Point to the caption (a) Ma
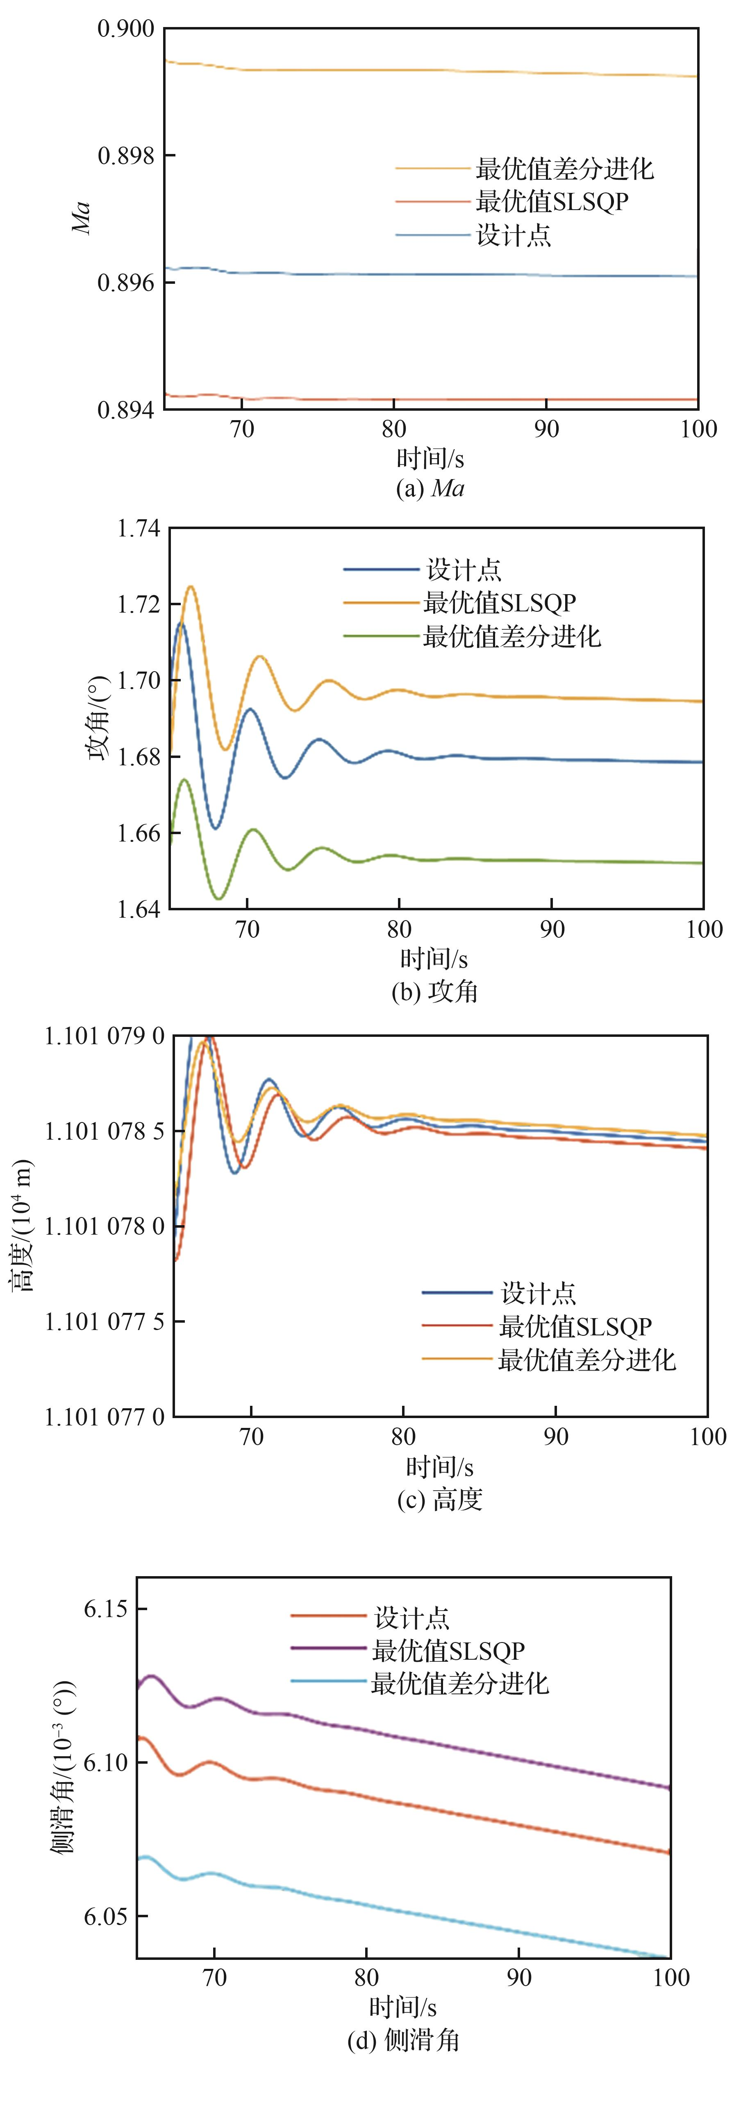(430, 489)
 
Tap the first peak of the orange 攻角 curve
(191, 586)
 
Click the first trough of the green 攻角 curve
(218, 899)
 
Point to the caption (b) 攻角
(435, 992)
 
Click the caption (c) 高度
(440, 1500)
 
